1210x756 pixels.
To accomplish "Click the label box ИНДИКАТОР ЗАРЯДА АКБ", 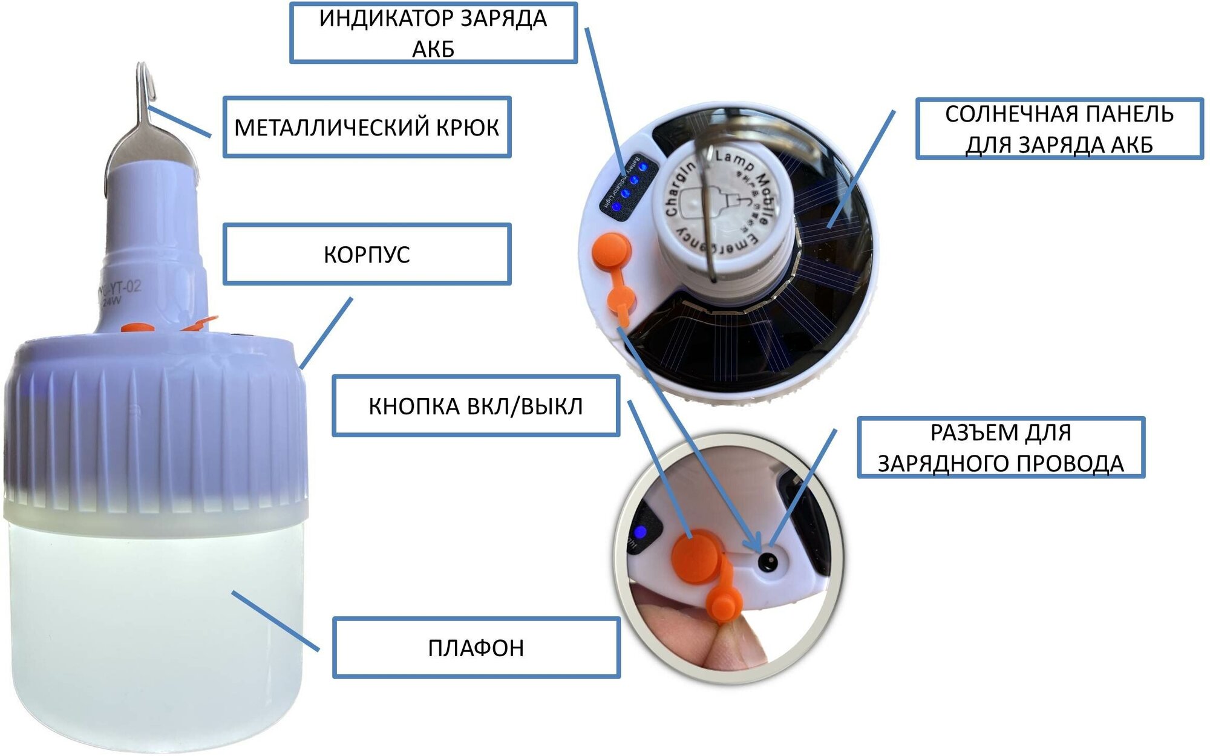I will click(433, 33).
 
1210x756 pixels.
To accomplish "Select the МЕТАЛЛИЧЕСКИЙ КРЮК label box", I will click(367, 127).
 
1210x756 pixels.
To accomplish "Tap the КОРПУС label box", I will click(367, 254).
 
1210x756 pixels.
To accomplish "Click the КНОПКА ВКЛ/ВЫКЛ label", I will click(476, 406).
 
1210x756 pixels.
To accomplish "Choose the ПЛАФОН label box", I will click(476, 648).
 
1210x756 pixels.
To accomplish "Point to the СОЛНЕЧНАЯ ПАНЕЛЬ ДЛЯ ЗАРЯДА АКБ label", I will click(1059, 129).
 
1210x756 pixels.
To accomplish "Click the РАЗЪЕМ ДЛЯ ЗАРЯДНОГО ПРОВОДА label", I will click(1001, 448).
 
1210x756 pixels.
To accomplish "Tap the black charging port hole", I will click(768, 562).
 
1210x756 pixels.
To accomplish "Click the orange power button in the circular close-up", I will click(696, 556).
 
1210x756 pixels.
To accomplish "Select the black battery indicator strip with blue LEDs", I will click(628, 183).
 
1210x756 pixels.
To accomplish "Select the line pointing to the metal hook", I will click(180, 122).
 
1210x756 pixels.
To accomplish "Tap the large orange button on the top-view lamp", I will click(611, 250).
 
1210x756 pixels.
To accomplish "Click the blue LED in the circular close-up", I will click(640, 533).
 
